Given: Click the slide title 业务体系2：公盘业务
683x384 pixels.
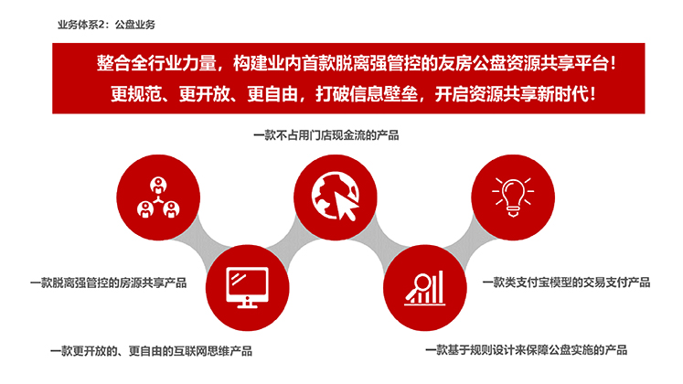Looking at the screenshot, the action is click(106, 25).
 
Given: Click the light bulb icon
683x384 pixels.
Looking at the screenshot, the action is click(513, 197).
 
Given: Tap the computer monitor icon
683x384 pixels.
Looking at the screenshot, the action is click(248, 287).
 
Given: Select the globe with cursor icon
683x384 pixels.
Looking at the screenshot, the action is click(336, 197).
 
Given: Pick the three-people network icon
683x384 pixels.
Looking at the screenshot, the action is click(158, 197).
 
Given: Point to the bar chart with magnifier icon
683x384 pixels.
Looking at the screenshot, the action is click(424, 288).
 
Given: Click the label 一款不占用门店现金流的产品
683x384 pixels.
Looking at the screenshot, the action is click(325, 135).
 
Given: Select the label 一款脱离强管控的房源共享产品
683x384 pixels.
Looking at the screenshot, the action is click(109, 283).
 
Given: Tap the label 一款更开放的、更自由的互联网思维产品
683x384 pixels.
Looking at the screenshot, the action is click(151, 351).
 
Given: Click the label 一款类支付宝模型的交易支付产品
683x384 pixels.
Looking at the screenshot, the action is click(566, 283).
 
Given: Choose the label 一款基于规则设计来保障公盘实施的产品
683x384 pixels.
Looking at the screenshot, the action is click(526, 350).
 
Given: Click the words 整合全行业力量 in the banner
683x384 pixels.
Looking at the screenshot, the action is click(156, 64).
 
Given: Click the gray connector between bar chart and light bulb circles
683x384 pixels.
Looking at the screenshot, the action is click(469, 242).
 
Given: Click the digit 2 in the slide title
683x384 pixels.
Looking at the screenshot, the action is click(101, 25).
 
